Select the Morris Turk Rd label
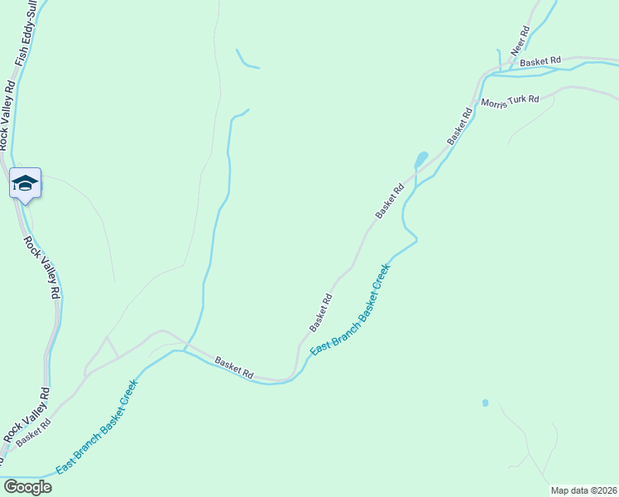510,100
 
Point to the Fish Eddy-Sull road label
22,33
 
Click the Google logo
27,487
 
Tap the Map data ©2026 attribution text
583,490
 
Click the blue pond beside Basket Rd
420,158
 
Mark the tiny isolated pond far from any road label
485,403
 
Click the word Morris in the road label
493,103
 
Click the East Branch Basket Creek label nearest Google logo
95,434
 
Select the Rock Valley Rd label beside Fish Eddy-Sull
6,112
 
